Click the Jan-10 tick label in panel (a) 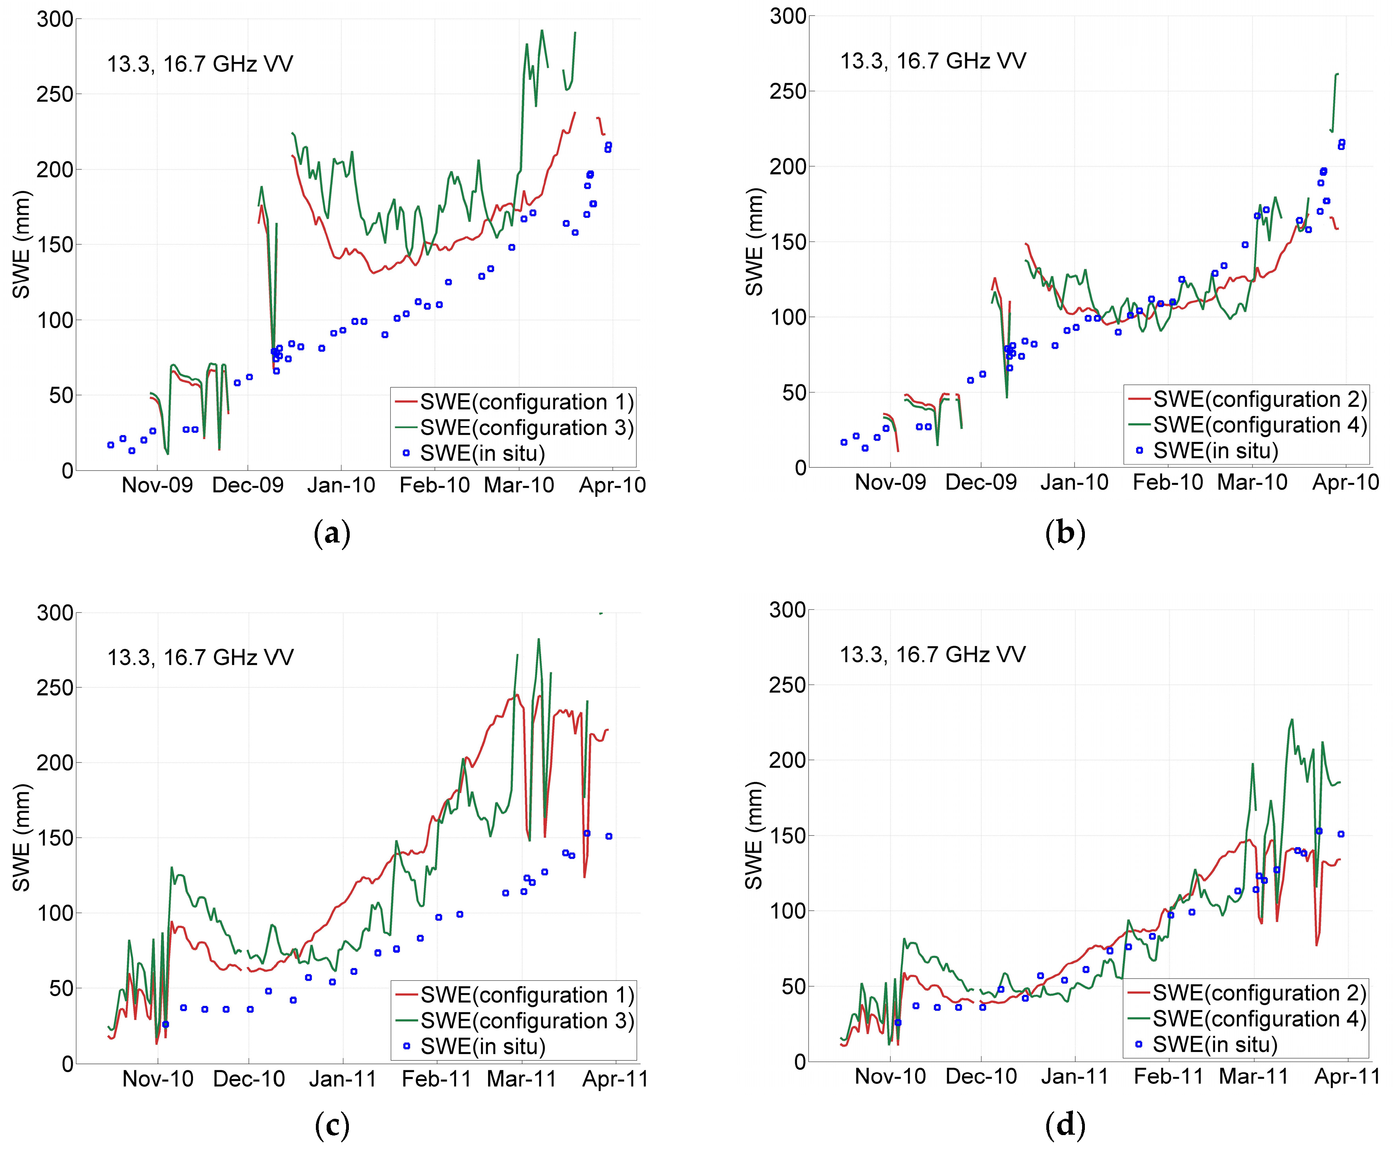click(x=341, y=485)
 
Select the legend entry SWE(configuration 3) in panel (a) click(x=527, y=428)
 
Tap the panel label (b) click(x=1065, y=533)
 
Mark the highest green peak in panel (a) click(x=542, y=31)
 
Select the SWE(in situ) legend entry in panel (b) click(x=1215, y=451)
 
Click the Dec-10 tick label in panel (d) click(x=981, y=1076)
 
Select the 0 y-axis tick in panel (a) click(x=67, y=471)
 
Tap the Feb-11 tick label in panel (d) click(x=1168, y=1076)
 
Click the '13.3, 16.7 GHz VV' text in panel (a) click(x=200, y=64)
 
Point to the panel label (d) click(x=1065, y=1125)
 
